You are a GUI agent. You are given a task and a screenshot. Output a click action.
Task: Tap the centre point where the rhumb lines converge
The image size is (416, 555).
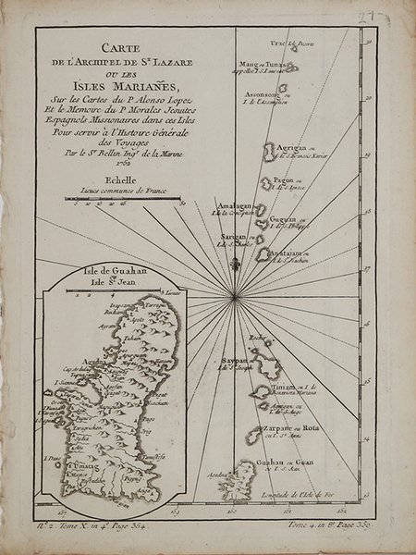click(237, 294)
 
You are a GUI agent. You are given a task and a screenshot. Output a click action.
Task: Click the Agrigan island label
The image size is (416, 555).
click(297, 145)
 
